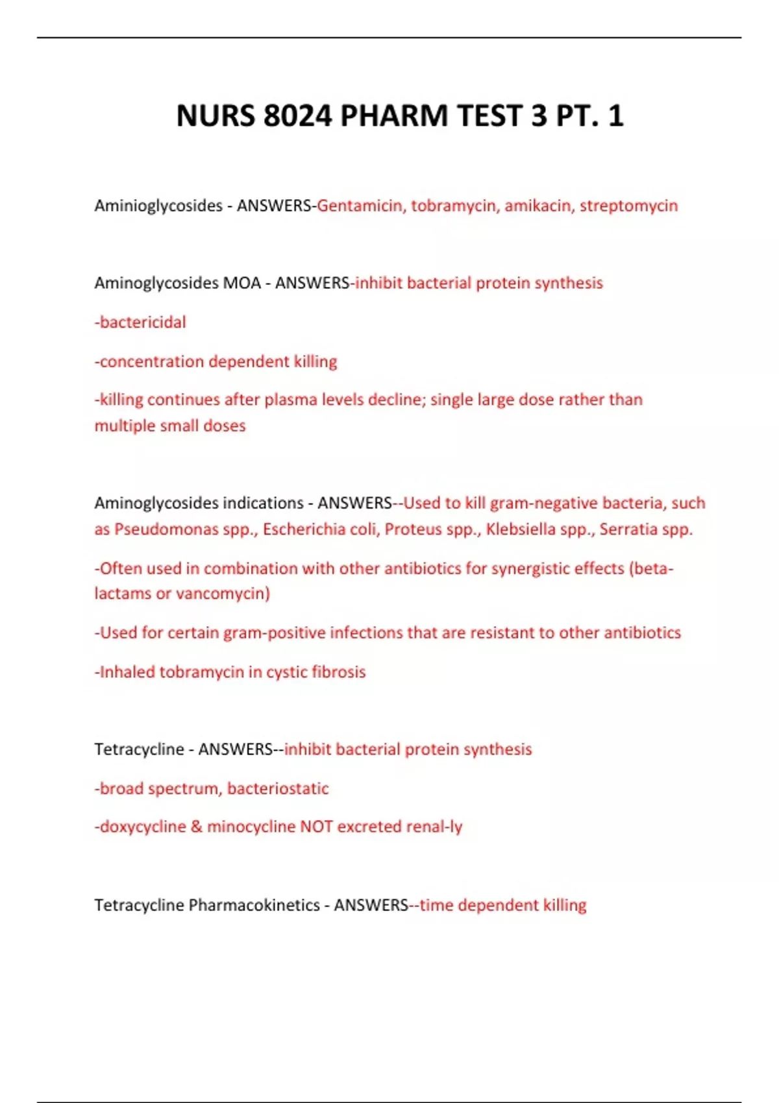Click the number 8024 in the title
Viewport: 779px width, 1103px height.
298,116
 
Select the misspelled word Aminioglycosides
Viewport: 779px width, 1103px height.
158,206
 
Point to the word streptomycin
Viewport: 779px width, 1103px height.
628,206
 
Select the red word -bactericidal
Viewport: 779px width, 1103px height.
140,322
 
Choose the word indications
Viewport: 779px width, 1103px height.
263,503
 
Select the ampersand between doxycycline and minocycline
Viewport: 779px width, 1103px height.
197,827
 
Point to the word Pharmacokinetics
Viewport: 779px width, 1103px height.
254,905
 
